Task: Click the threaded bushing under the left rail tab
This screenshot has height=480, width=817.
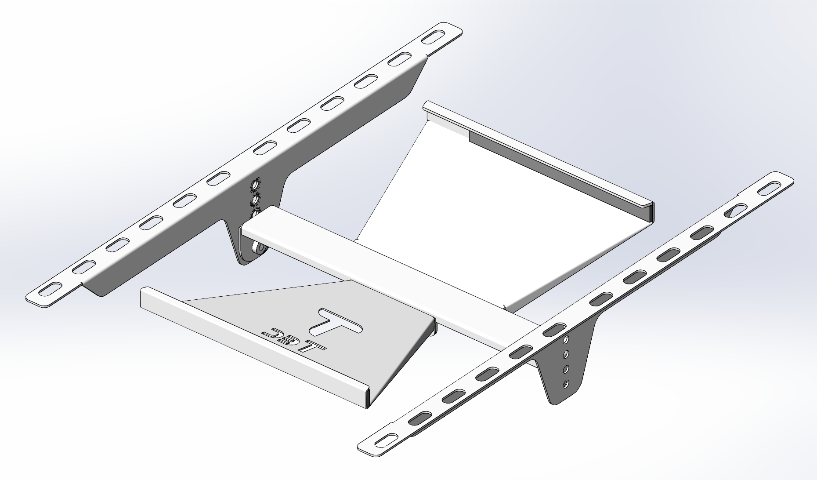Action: click(x=258, y=249)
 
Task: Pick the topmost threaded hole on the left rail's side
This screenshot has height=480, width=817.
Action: click(x=254, y=187)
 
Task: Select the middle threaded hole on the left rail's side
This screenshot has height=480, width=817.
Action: click(x=254, y=200)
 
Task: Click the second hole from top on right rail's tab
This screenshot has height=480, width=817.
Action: click(x=567, y=354)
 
